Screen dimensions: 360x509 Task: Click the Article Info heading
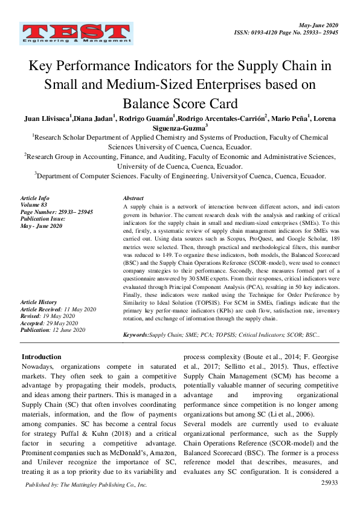(36, 198)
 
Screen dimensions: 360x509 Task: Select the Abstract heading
(133, 198)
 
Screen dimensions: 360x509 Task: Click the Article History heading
(39, 302)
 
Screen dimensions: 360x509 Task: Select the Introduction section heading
(42, 357)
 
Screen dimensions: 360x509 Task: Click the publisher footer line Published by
(86, 485)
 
